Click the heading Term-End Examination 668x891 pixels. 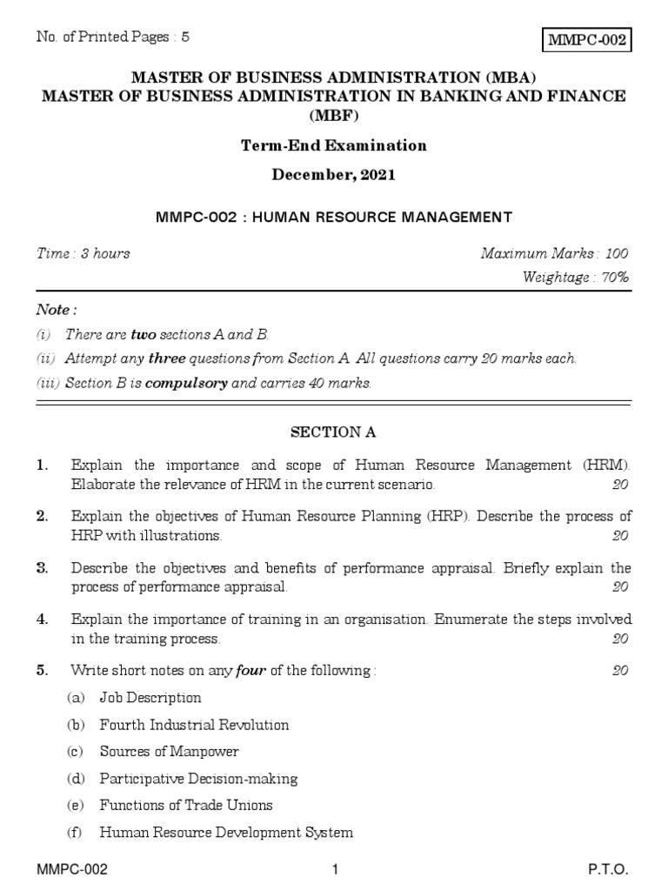[x=334, y=145]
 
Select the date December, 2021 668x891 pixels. [x=334, y=174]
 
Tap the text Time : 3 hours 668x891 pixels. [x=83, y=253]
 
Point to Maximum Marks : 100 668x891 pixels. [x=554, y=253]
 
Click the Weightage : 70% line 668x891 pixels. [x=575, y=278]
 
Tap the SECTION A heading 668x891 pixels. [x=334, y=432]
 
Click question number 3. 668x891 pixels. [x=42, y=568]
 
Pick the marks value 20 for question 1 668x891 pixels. [x=619, y=484]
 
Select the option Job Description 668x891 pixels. [x=150, y=697]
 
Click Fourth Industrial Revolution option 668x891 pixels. [x=194, y=724]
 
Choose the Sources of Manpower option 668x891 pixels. [x=169, y=751]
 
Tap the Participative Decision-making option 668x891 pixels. [x=198, y=778]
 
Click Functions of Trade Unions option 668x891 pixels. [x=186, y=805]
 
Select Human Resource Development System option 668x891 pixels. [x=226, y=832]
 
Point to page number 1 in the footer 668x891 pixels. [x=334, y=871]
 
